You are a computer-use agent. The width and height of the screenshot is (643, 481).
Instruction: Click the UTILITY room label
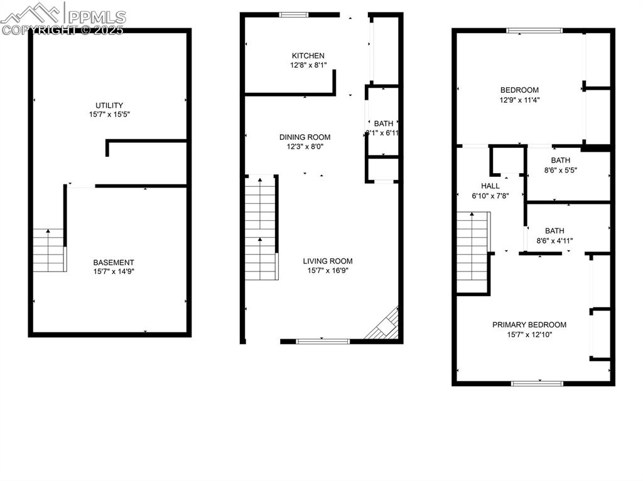(x=109, y=105)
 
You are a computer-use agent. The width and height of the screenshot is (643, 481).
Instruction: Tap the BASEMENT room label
(x=114, y=262)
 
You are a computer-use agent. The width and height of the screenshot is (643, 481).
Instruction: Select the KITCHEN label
(x=308, y=56)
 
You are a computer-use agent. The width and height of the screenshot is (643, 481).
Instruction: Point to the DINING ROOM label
(x=305, y=137)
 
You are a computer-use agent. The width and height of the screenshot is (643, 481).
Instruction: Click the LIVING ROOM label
(x=328, y=261)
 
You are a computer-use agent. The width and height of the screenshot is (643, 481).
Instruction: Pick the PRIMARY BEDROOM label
(x=529, y=325)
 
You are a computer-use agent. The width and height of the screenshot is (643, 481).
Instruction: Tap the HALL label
(x=490, y=186)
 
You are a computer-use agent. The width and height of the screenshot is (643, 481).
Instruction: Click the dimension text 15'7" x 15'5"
(x=109, y=115)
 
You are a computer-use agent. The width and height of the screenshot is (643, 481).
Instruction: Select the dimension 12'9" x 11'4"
(x=519, y=100)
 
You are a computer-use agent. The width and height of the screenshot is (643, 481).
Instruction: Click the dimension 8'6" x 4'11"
(x=554, y=240)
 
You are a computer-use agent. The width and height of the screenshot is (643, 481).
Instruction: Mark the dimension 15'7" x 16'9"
(x=328, y=271)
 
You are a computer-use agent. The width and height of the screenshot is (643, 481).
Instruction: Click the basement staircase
(x=49, y=250)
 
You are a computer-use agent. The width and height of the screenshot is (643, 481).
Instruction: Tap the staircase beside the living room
(x=261, y=228)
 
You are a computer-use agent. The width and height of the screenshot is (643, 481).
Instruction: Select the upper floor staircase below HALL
(x=472, y=252)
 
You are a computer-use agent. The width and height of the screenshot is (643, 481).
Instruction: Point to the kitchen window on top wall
(x=294, y=14)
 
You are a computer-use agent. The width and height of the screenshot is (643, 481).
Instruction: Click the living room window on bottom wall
(x=322, y=341)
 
